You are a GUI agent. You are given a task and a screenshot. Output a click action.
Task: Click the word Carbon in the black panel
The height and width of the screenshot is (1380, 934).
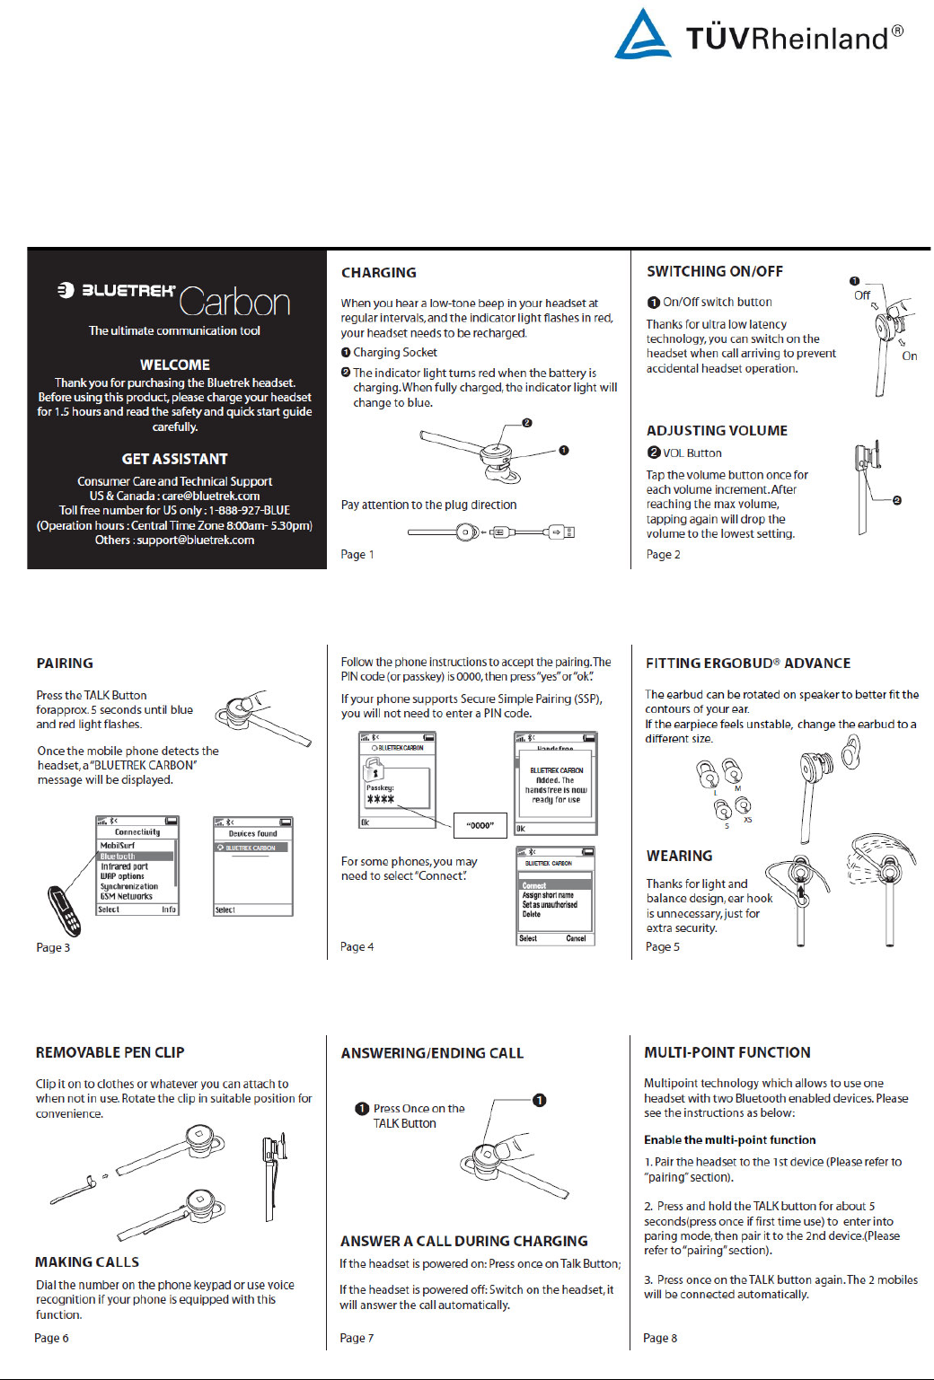[234, 303]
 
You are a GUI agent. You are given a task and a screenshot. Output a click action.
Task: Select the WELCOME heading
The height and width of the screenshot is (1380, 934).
[175, 365]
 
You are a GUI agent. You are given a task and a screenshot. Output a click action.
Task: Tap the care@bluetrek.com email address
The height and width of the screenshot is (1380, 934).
[211, 496]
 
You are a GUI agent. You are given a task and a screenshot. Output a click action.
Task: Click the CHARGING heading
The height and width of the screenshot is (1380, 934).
[378, 272]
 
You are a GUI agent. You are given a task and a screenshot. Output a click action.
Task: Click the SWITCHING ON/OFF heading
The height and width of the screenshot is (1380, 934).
[714, 271]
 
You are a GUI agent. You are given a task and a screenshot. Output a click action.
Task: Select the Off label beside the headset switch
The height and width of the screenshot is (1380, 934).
[861, 295]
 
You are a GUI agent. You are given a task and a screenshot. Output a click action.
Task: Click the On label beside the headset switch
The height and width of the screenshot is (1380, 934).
[909, 356]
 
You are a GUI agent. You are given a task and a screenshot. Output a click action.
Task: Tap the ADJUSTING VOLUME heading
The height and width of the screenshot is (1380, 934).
[717, 430]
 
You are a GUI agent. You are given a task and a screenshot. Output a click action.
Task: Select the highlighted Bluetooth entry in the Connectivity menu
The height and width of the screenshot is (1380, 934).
[119, 857]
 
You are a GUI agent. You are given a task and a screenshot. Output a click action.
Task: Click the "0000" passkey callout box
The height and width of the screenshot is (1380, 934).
[480, 825]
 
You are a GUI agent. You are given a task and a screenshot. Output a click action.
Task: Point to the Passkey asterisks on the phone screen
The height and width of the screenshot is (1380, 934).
[380, 799]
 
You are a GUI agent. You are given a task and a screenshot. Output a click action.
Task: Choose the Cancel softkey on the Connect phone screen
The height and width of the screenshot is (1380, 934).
[576, 938]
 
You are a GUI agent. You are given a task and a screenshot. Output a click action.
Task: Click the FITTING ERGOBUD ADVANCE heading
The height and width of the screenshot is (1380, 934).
[747, 663]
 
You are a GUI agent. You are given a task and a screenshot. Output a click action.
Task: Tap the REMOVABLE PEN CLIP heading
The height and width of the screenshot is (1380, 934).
[110, 1052]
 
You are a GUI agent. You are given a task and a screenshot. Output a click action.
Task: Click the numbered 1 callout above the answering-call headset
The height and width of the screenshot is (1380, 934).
[539, 1100]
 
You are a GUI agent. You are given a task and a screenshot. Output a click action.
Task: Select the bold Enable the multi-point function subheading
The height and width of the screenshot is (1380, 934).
[729, 1139]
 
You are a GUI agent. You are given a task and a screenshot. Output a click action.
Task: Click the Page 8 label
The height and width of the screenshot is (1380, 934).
[660, 1338]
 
